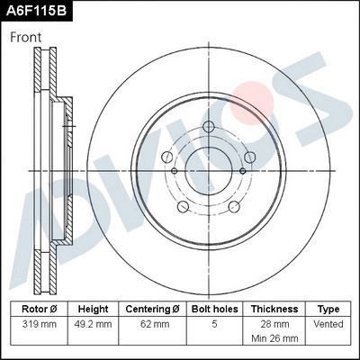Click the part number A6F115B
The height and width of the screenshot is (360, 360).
[x=37, y=11]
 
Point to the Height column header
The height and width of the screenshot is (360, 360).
[x=93, y=308]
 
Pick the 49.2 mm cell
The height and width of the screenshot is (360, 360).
[x=93, y=322]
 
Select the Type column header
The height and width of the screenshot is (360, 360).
[x=329, y=308]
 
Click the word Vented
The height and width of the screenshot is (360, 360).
[x=329, y=322]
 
